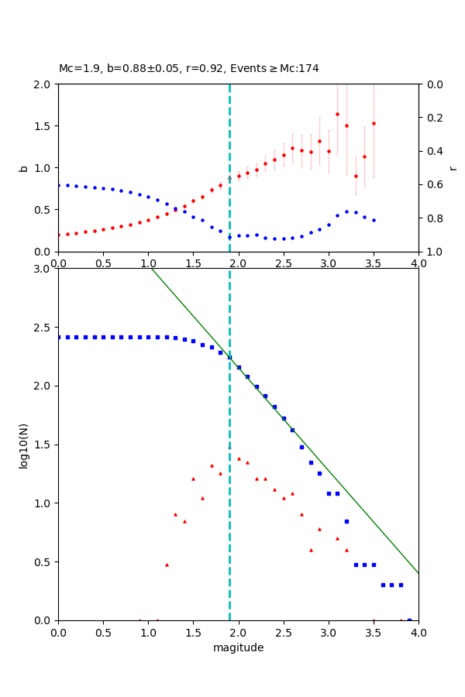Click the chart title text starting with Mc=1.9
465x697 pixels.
188,69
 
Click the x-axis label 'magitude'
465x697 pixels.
238,648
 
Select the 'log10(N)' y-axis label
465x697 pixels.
23,445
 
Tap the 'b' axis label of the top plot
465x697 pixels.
23,168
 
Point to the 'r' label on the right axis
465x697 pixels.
453,168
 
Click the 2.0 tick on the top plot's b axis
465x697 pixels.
43,84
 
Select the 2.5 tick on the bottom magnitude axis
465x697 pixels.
283,632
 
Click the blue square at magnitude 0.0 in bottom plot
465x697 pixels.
59,337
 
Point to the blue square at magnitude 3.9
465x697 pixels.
409,620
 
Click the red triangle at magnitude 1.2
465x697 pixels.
167,565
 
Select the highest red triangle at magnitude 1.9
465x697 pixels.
229,448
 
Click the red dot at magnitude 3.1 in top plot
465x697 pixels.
337,114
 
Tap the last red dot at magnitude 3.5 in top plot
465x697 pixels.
374,123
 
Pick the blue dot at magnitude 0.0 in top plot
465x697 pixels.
59,185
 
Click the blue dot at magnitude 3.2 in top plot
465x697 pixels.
346,211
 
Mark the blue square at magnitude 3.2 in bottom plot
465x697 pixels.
346,521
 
